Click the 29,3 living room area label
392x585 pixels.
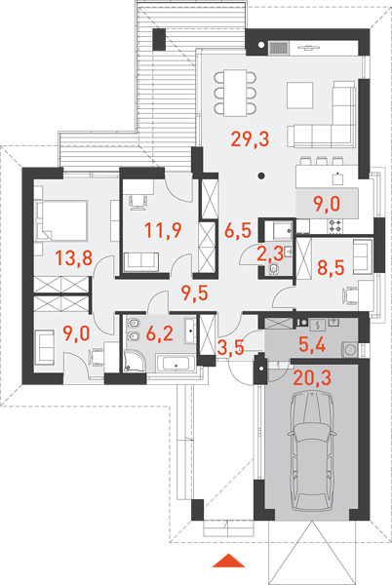pyautogui.click(x=250, y=139)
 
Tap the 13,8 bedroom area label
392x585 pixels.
pyautogui.click(x=73, y=257)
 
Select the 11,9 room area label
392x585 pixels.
pyautogui.click(x=163, y=230)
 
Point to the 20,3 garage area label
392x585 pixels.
pyautogui.click(x=312, y=378)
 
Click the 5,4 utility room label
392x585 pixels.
pyautogui.click(x=312, y=345)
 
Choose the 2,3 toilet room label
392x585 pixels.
pyautogui.click(x=270, y=254)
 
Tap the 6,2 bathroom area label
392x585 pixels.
pyautogui.click(x=160, y=333)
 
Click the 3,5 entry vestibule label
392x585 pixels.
pyautogui.click(x=230, y=347)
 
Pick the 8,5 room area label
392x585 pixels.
pyautogui.click(x=331, y=267)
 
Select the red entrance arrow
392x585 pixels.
pyautogui.click(x=228, y=561)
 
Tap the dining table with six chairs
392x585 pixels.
pyautogui.click(x=235, y=93)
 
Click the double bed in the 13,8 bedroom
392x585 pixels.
pyautogui.click(x=61, y=220)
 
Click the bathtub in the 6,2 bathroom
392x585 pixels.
pyautogui.click(x=176, y=363)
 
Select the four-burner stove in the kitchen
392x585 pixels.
pyautogui.click(x=334, y=226)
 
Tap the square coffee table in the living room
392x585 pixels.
pyautogui.click(x=300, y=96)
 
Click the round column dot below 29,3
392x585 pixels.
pyautogui.click(x=262, y=175)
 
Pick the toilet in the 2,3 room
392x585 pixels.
pyautogui.click(x=273, y=269)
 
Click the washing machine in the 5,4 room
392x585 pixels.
pyautogui.click(x=350, y=350)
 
